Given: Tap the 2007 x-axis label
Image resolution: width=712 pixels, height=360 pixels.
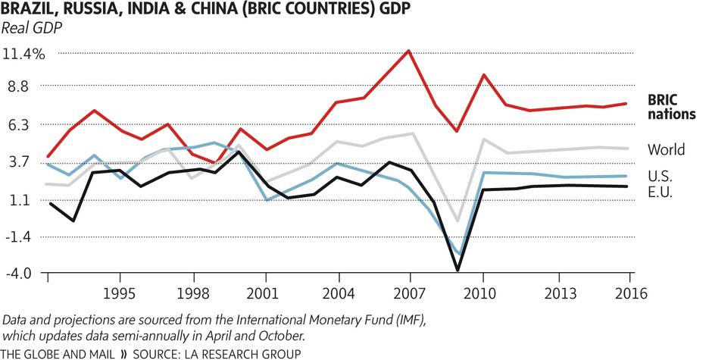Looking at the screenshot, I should (410, 293).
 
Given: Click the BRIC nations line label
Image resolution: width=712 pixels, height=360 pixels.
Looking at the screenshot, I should (671, 108).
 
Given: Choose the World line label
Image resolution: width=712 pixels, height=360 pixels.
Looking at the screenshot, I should (667, 149).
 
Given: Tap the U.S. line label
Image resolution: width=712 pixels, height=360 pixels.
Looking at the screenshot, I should (661, 176).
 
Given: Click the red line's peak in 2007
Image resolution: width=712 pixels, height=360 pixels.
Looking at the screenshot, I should (410, 51).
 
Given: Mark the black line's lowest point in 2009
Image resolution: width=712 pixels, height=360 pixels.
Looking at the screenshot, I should (457, 270).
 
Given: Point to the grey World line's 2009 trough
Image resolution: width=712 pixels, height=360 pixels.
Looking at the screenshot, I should (457, 221).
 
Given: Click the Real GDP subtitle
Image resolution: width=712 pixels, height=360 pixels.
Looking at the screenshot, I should (32, 30).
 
